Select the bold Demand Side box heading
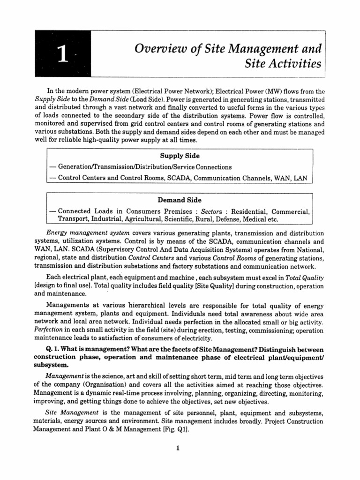(x=180, y=200)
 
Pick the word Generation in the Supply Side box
(x=76, y=167)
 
